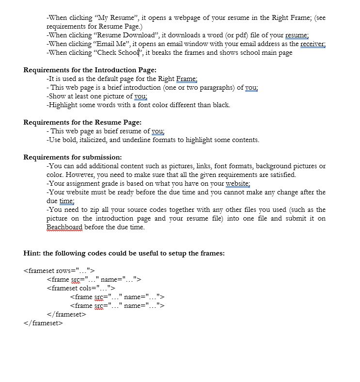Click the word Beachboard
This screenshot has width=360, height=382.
(x=64, y=227)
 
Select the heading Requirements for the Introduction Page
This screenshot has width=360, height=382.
(x=90, y=70)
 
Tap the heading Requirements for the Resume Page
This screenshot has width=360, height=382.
(x=82, y=123)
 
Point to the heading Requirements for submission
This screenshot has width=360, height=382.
(x=73, y=158)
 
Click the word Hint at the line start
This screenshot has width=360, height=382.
(x=32, y=254)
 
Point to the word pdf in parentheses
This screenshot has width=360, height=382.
(x=234, y=35)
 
